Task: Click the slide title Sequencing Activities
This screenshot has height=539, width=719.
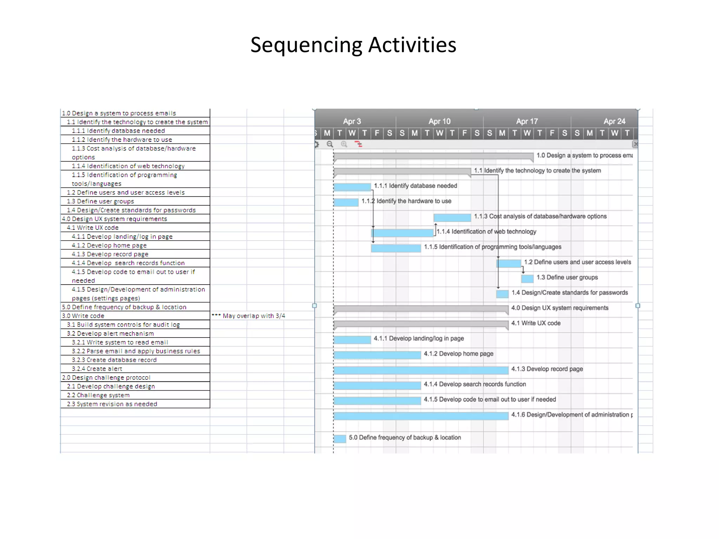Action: point(353,45)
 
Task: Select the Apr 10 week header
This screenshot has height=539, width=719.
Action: point(439,121)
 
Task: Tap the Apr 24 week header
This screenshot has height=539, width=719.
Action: point(614,121)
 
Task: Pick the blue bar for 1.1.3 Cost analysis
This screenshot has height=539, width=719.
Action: point(452,218)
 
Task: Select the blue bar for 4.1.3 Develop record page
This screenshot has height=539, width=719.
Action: point(421,370)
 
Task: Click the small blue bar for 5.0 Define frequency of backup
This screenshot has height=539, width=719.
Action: point(340,439)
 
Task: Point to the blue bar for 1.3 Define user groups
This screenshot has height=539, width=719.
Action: point(527,279)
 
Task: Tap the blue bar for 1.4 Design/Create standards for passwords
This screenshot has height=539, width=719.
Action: point(502,294)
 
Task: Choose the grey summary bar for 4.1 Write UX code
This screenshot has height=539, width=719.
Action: point(421,324)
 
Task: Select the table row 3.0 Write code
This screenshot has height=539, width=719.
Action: point(83,316)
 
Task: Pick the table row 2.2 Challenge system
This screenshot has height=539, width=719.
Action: point(98,395)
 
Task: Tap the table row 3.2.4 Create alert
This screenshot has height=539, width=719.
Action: point(97,369)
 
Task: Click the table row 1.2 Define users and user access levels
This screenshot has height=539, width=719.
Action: point(126,192)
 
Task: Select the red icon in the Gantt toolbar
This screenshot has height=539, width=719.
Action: point(358,144)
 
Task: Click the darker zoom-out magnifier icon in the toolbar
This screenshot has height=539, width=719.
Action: point(330,144)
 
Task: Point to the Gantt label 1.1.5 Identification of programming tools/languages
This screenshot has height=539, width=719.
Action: point(493,247)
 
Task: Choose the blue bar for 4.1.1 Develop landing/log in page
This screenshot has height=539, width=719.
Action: point(352,340)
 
